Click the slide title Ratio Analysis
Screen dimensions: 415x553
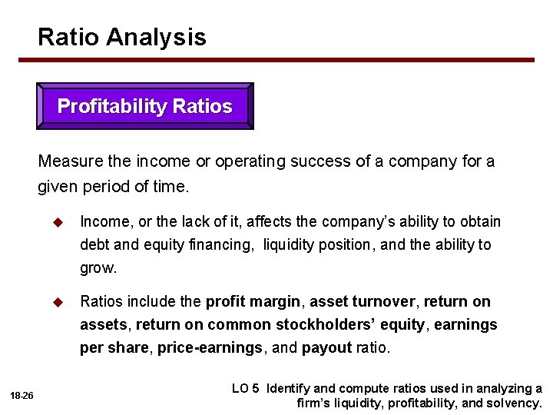tap(122, 37)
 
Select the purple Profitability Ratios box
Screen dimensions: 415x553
tap(145, 107)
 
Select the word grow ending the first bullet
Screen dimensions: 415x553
tap(98, 268)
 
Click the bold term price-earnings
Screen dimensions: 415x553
tap(210, 347)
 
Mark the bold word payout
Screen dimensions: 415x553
tap(327, 347)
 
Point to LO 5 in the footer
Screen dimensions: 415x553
tap(245, 388)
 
